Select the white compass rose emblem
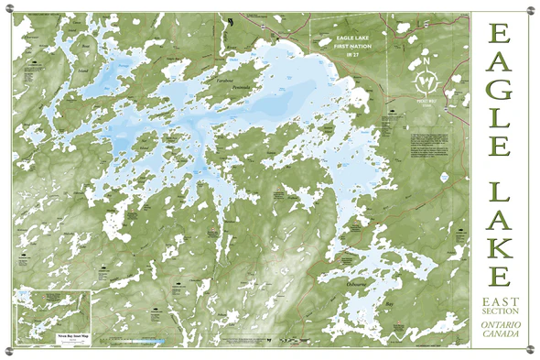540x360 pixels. pos(426,75)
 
